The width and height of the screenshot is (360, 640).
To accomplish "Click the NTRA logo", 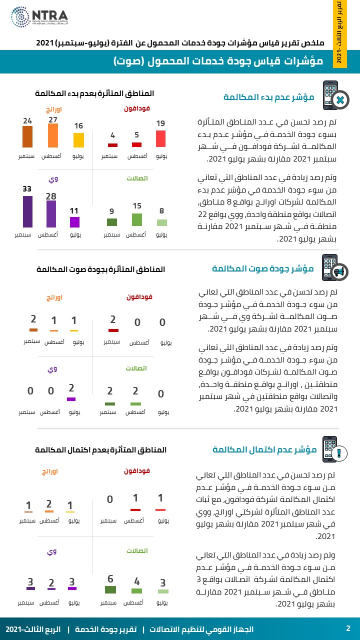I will pyautogui.click(x=39, y=17).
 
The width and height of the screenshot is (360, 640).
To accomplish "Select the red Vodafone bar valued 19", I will pyautogui.click(x=160, y=138).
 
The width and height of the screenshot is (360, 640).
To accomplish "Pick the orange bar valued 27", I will pyautogui.click(x=53, y=135).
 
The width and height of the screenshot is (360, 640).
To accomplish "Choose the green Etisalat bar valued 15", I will pyautogui.click(x=137, y=219).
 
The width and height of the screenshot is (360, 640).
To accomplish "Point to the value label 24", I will pyautogui.click(x=27, y=120).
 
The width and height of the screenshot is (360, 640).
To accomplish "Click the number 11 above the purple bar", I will pyautogui.click(x=74, y=211).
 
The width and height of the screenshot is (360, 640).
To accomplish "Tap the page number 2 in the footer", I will pyautogui.click(x=348, y=628).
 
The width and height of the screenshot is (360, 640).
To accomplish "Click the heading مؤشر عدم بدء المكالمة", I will pyautogui.click(x=268, y=97).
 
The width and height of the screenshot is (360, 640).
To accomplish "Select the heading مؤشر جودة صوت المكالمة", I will pyautogui.click(x=262, y=269).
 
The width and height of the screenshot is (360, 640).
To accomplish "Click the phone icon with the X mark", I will pyautogui.click(x=333, y=95).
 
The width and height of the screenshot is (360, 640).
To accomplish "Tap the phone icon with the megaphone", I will pyautogui.click(x=334, y=268).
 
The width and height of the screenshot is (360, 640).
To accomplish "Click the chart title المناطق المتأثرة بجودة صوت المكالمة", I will pyautogui.click(x=100, y=269).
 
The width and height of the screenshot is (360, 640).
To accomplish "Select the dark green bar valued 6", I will pyautogui.click(x=110, y=589).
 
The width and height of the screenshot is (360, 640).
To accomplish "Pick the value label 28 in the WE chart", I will pyautogui.click(x=51, y=196).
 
